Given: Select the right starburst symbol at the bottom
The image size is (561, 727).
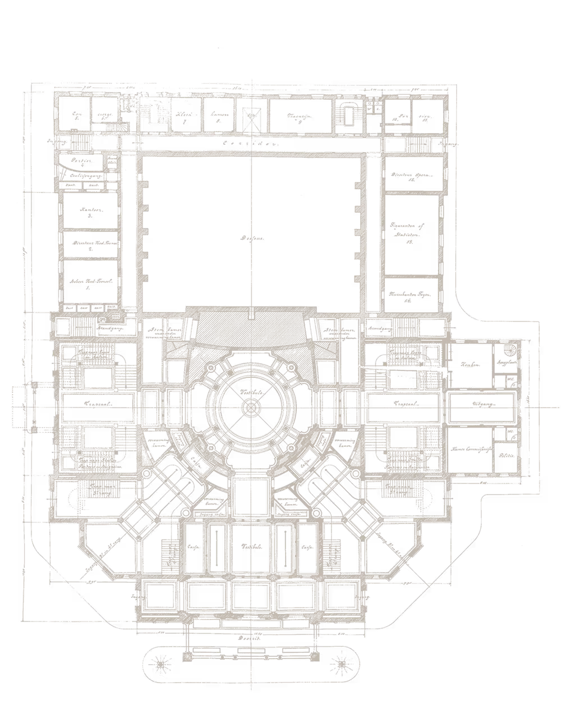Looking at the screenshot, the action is click(x=340, y=665).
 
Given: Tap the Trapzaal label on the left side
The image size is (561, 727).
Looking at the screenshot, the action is click(x=96, y=404).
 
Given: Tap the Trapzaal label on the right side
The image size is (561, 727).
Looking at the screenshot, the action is click(x=404, y=404).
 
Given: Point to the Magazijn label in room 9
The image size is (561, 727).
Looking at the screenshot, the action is click(x=299, y=117).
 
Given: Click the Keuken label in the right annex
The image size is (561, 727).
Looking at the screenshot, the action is click(x=470, y=364).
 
